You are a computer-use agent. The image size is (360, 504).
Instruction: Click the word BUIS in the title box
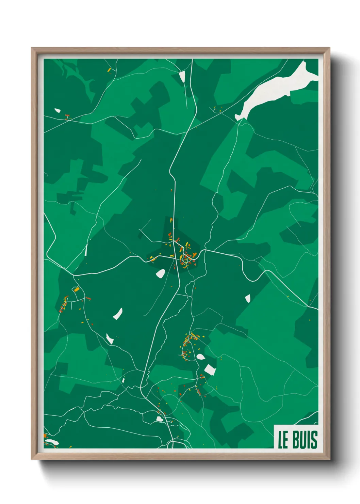305,440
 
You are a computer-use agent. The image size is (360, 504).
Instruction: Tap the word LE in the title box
283,440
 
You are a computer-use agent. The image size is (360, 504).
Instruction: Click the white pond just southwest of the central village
160,273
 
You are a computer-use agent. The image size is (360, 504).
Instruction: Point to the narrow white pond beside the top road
182,77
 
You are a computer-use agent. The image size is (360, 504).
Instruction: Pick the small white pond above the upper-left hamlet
57,110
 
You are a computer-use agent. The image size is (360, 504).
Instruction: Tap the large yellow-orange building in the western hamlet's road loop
77,289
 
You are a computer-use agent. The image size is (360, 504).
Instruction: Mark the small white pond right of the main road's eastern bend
247,299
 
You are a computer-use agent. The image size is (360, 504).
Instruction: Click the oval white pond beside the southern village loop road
200,357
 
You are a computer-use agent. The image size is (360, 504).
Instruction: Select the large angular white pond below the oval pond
210,370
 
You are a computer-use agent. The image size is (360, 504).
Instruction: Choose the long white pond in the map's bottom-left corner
52,442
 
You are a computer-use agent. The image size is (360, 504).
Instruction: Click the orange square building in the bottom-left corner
45,436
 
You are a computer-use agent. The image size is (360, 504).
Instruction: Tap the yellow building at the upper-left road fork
109,70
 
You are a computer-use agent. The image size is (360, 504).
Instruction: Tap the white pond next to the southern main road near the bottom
159,419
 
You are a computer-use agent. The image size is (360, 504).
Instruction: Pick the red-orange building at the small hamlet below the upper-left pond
67,115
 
